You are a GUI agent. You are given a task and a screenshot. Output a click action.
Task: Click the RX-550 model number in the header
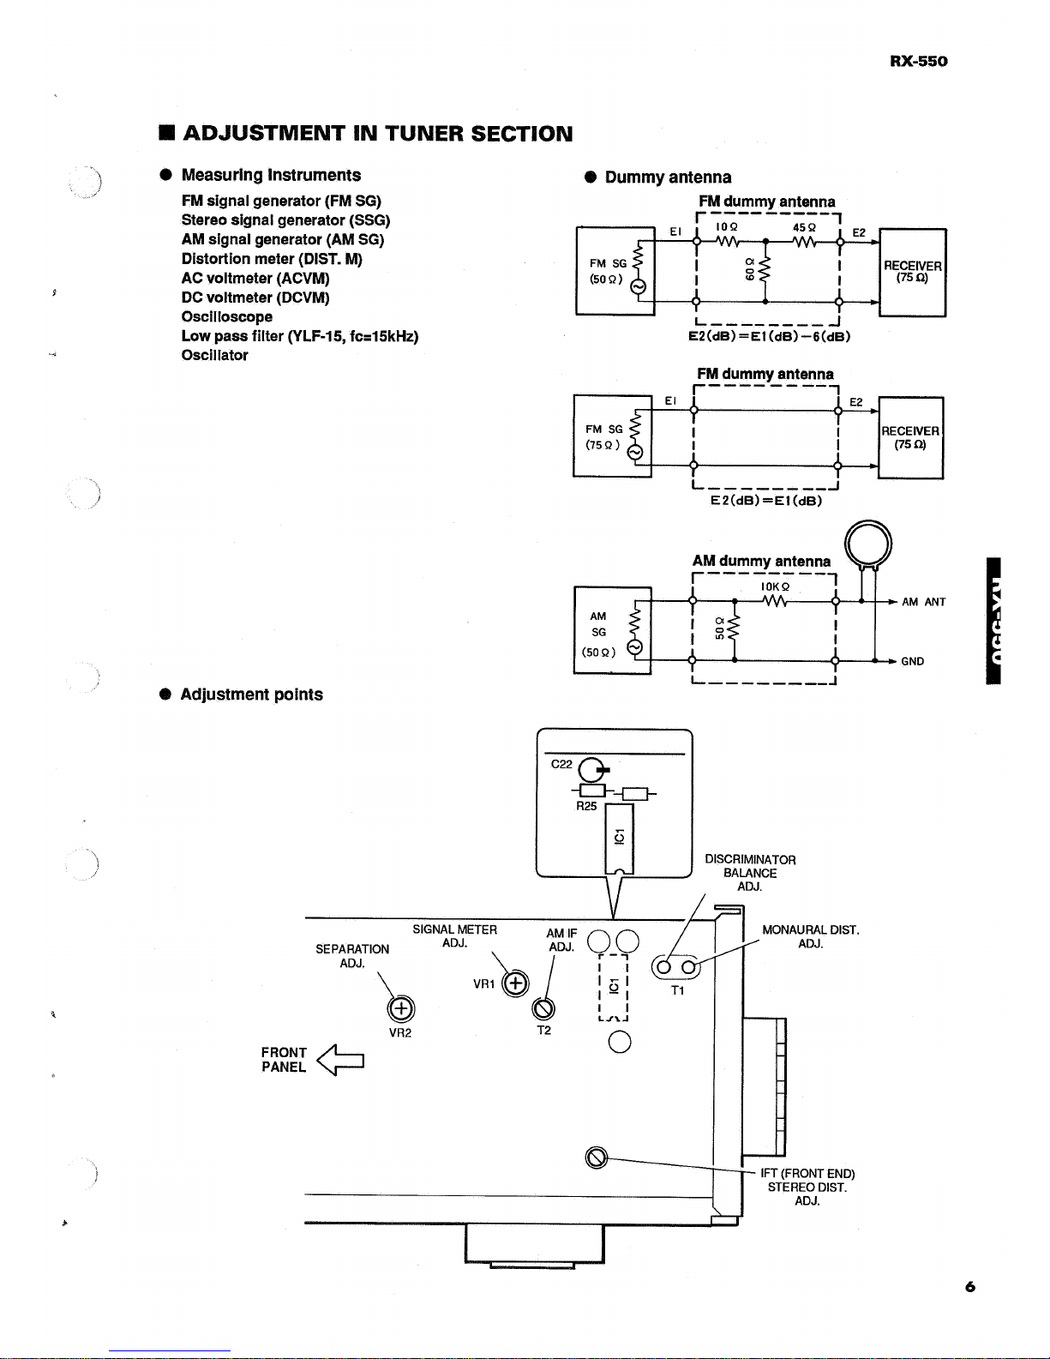click(x=918, y=61)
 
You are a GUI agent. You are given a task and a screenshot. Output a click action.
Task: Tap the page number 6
click(x=970, y=1286)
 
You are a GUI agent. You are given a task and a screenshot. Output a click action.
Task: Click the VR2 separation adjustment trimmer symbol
click(x=400, y=1008)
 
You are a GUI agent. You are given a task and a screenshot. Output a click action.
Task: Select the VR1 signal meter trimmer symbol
click(x=516, y=983)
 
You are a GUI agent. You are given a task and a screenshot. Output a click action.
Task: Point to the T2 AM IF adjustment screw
click(x=543, y=1008)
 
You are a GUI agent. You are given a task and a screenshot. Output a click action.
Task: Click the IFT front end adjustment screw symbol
click(x=597, y=1158)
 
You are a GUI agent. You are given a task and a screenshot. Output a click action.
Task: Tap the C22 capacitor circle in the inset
click(x=591, y=770)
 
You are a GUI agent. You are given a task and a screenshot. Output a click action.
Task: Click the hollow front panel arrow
click(x=340, y=1060)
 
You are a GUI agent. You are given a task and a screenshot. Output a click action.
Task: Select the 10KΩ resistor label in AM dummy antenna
click(x=775, y=586)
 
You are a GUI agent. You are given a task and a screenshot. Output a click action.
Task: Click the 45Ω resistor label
click(x=804, y=228)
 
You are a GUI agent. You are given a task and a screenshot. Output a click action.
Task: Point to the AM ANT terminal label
click(x=923, y=602)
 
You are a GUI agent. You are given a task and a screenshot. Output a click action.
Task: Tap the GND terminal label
click(x=913, y=661)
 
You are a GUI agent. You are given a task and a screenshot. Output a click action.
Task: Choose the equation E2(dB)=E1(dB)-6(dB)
click(x=770, y=336)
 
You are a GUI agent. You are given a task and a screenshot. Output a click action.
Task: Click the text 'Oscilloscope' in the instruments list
click(x=227, y=317)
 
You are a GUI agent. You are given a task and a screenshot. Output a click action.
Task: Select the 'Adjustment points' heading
click(x=251, y=695)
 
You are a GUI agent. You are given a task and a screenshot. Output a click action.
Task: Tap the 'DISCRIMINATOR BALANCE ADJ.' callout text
click(x=750, y=873)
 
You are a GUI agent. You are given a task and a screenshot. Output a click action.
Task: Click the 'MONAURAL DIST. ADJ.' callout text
click(x=811, y=936)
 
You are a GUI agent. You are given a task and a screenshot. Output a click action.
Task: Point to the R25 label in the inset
click(x=586, y=806)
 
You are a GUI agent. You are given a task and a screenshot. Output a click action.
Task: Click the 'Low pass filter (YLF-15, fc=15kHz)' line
click(x=300, y=336)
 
